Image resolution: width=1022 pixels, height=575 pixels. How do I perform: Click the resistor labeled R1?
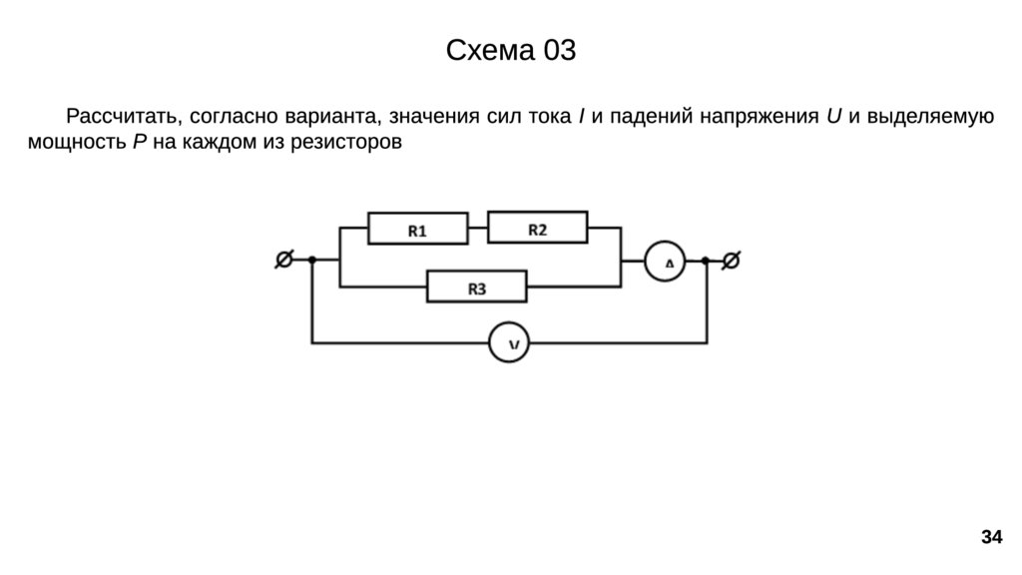point(417,230)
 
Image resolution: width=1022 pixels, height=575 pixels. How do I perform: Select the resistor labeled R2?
point(538,229)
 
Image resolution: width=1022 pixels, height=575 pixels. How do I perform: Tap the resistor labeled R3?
point(477,287)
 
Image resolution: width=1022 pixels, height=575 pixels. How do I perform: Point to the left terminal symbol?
point(283,261)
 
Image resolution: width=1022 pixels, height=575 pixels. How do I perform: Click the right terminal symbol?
point(731,261)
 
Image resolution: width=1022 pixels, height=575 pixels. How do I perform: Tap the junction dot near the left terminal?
point(311,261)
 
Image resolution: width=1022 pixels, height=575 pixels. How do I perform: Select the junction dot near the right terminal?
point(706,261)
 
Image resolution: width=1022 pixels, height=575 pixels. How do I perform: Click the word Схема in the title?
point(490,51)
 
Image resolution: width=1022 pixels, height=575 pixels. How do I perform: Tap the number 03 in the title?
point(559,51)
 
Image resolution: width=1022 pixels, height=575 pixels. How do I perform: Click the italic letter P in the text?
point(139,142)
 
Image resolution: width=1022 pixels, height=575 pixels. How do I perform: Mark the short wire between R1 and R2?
point(477,229)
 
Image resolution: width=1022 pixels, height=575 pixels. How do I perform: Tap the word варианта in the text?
point(331,117)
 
